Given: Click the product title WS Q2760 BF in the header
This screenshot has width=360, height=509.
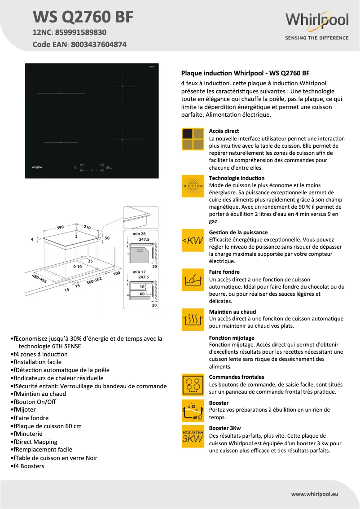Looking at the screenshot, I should [x=83, y=17].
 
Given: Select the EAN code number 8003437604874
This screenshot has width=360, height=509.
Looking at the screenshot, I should [x=99, y=44].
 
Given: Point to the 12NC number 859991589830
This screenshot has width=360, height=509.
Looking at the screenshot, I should [x=80, y=32].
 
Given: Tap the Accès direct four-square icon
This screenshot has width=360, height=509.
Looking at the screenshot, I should [x=193, y=139].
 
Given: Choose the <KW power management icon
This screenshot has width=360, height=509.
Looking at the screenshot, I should [x=193, y=241].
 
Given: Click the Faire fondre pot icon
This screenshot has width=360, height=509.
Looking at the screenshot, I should [x=193, y=280].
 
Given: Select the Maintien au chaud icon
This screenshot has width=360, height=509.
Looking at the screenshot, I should [x=193, y=320].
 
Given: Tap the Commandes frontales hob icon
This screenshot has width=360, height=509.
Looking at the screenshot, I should [x=193, y=385].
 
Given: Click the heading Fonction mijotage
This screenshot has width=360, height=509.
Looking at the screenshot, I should [x=232, y=338].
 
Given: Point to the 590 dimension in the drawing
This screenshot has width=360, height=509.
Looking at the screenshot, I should [x=60, y=228].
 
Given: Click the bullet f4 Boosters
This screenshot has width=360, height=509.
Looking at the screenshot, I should [x=29, y=466].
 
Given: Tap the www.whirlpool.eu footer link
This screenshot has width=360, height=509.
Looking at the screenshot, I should [x=314, y=494].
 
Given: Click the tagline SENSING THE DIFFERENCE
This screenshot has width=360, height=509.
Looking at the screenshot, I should [x=317, y=38].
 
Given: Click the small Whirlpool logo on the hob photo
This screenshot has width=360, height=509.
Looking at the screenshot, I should [x=37, y=167].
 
